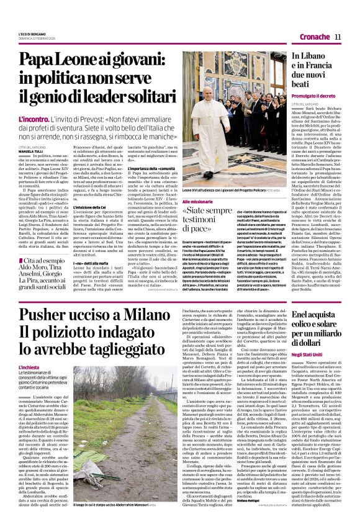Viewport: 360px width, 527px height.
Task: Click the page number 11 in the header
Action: point(338,37)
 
